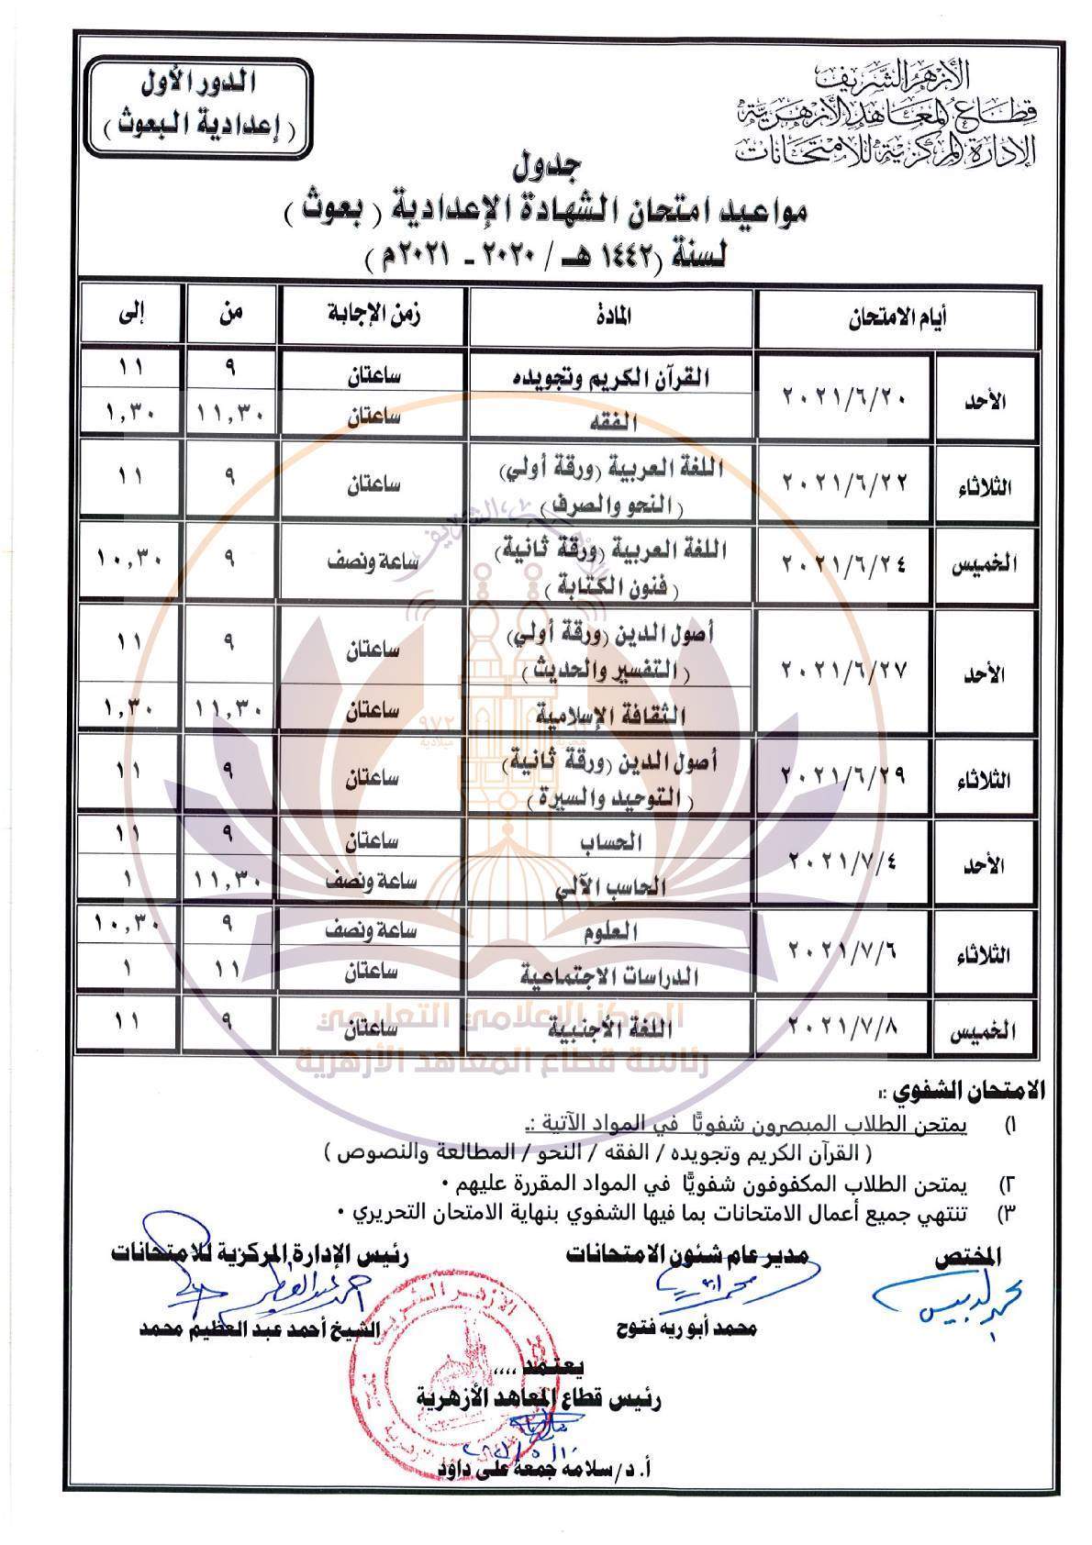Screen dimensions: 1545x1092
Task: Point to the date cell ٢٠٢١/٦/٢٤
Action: [844, 561]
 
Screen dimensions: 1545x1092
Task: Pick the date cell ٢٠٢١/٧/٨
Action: [844, 1025]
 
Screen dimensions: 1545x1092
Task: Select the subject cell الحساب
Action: [612, 841]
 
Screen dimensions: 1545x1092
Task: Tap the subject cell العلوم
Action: [612, 930]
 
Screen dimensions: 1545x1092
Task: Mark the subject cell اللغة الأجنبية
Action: [612, 1028]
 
